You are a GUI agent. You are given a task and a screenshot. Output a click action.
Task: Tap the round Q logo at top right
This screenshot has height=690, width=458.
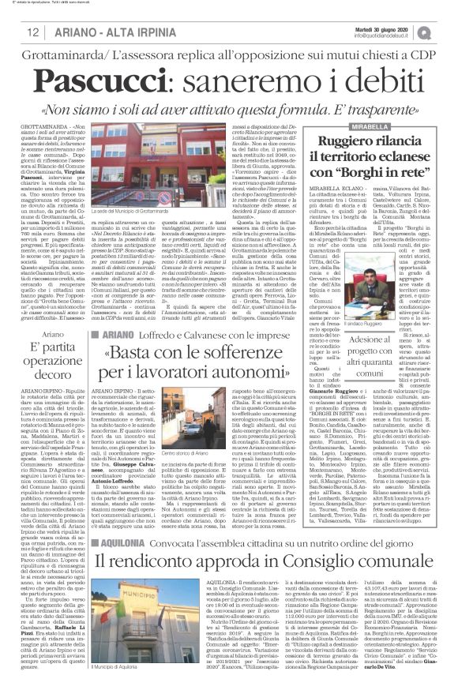point(447,30)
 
